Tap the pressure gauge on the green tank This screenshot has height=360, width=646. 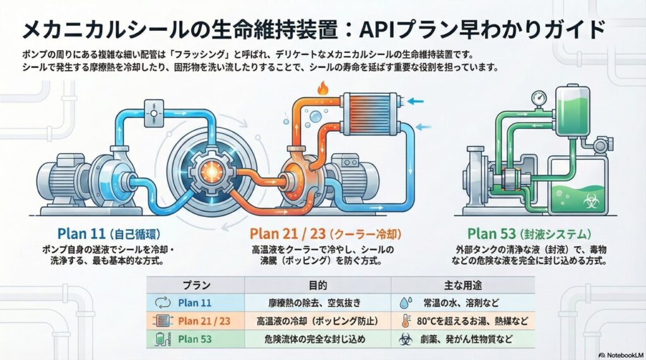[537, 99]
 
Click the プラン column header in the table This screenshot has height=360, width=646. [196, 284]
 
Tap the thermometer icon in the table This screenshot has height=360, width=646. [404, 321]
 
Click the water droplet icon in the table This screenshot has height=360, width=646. [404, 303]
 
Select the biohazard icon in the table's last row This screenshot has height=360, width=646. [404, 339]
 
